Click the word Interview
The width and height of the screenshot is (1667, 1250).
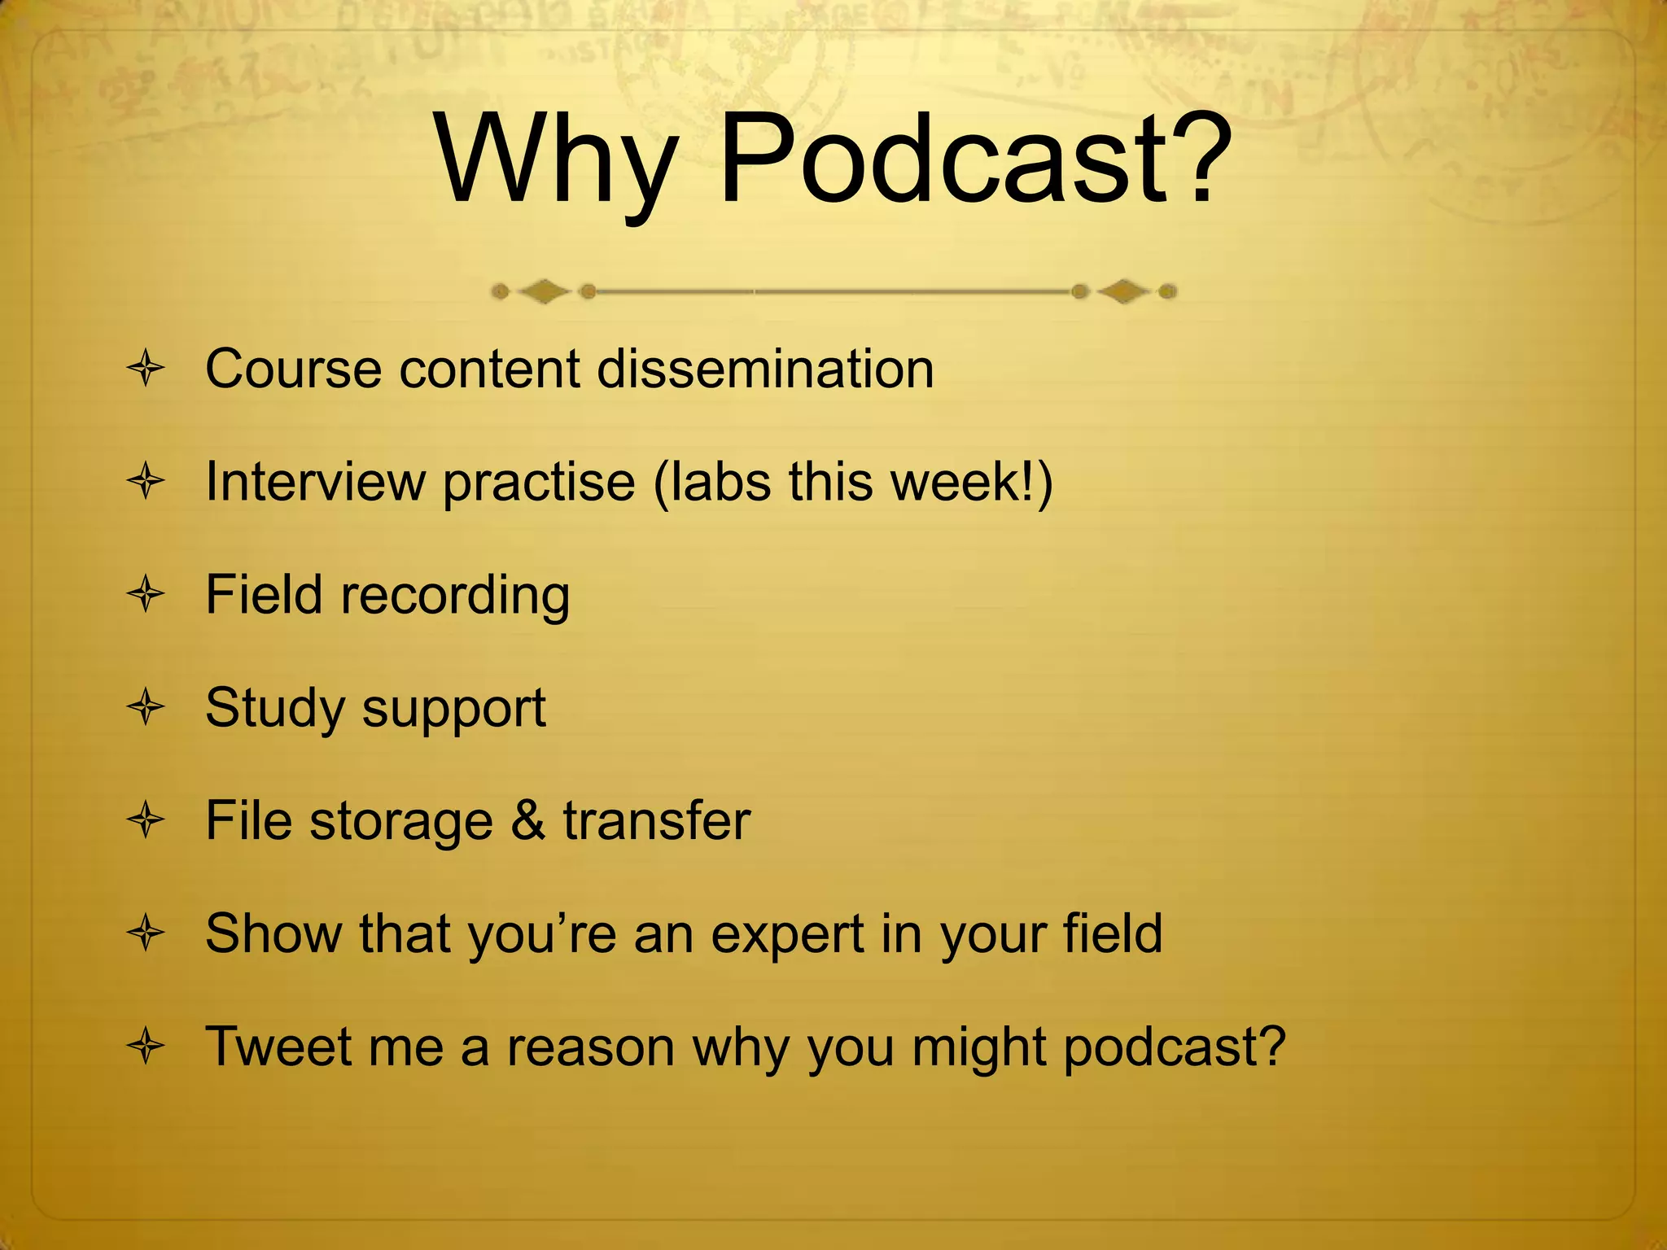click(x=315, y=482)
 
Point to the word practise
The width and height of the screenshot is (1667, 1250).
click(x=539, y=482)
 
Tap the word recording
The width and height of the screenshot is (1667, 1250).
click(x=455, y=596)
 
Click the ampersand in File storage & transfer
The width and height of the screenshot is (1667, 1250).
click(x=528, y=820)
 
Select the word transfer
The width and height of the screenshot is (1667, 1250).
click(x=656, y=820)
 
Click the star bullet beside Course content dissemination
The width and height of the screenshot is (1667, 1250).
click(x=147, y=369)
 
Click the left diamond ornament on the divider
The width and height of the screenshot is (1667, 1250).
click(x=544, y=291)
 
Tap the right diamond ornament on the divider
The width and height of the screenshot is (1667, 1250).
click(x=1124, y=291)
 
